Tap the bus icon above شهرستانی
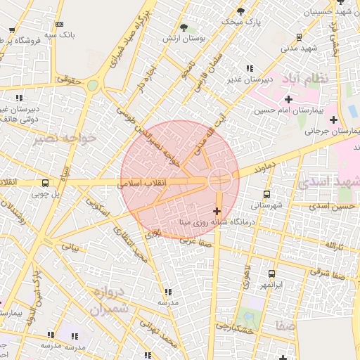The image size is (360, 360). [266, 194]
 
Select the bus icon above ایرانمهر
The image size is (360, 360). [271, 274]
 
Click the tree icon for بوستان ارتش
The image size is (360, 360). [184, 28]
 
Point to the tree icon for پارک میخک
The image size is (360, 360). [241, 11]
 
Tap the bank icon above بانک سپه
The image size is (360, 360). [58, 24]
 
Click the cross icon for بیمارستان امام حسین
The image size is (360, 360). [288, 99]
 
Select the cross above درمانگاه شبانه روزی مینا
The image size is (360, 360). [216, 210]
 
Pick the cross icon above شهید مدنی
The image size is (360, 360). [300, 37]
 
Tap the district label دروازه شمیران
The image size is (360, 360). [110, 300]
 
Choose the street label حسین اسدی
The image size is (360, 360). [335, 207]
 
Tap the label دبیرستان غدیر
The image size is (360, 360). [244, 79]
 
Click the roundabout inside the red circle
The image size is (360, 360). [218, 179]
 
